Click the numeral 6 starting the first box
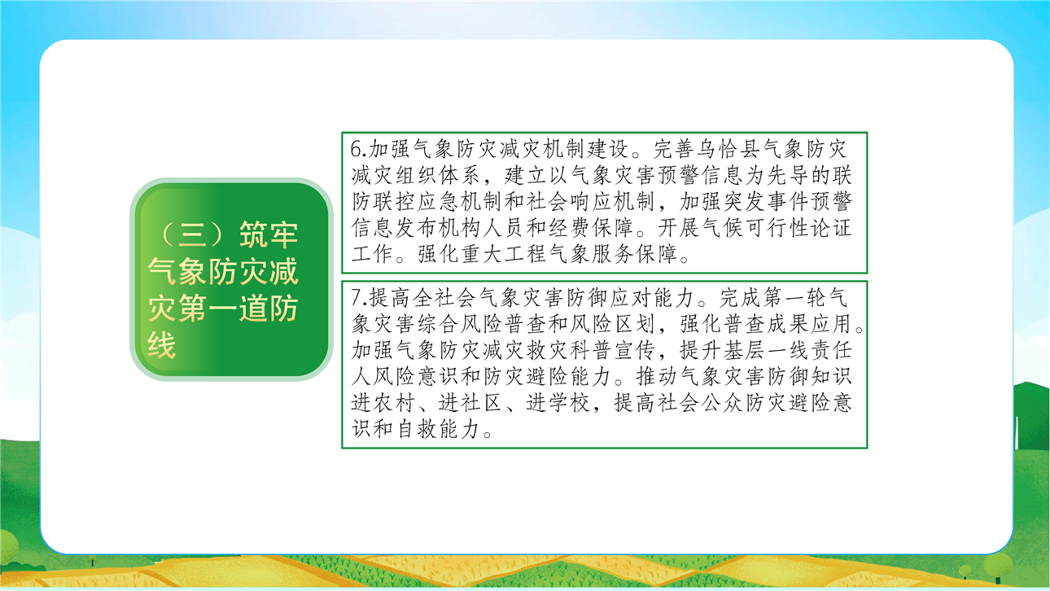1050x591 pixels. (x=357, y=150)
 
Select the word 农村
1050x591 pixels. (x=395, y=403)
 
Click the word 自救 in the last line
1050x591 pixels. (x=417, y=429)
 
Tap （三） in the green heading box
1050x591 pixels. (x=191, y=234)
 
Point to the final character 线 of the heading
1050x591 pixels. (x=162, y=345)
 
